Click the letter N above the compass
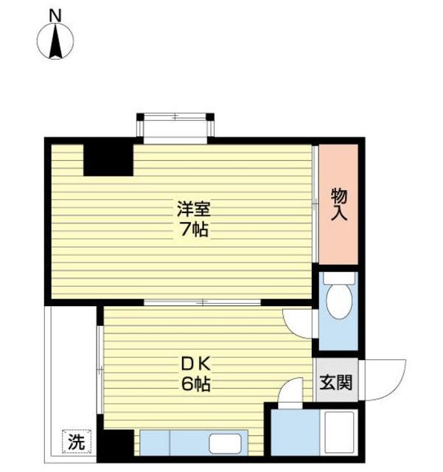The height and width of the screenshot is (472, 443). click(55, 15)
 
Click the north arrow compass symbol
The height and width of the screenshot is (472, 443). click(55, 41)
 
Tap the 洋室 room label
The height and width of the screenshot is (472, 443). click(194, 209)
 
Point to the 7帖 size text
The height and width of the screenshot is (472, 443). click(194, 229)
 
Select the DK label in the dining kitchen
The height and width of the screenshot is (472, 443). click(195, 365)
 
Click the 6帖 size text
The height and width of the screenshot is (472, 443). click(195, 384)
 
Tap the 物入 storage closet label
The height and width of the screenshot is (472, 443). click(339, 204)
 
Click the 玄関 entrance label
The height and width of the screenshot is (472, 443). click(336, 383)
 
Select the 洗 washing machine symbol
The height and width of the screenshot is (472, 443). click(77, 441)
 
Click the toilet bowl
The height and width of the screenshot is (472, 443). click(339, 302)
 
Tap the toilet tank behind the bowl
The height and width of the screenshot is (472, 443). click(339, 278)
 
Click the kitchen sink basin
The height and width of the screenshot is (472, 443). click(225, 443)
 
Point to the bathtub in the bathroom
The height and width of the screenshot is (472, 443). click(339, 432)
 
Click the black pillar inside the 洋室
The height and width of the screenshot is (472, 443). click(108, 160)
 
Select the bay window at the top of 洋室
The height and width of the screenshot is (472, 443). click(175, 128)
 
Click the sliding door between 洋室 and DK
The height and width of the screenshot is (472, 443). click(202, 302)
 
